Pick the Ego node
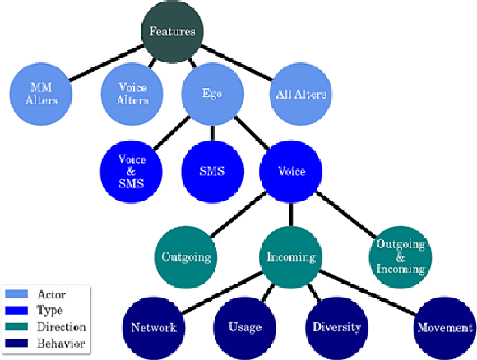[212, 94]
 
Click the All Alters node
[299, 94]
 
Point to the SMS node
[212, 173]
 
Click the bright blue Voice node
[292, 173]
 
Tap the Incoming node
[292, 256]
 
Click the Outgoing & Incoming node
[399, 256]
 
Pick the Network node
[153, 327]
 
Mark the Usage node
[245, 327]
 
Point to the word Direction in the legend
[61, 328]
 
